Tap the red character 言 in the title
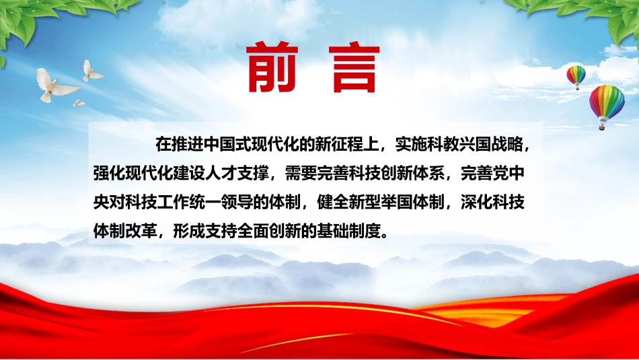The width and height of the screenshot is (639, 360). pyautogui.click(x=356, y=68)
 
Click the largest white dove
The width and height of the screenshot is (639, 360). pyautogui.click(x=55, y=85)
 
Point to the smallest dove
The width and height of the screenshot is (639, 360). pyautogui.click(x=79, y=103)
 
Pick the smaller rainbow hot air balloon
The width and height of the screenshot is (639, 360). pyautogui.click(x=576, y=77)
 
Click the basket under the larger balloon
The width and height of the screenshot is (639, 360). pyautogui.click(x=602, y=127)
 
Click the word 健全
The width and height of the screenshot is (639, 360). pyautogui.click(x=333, y=203)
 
